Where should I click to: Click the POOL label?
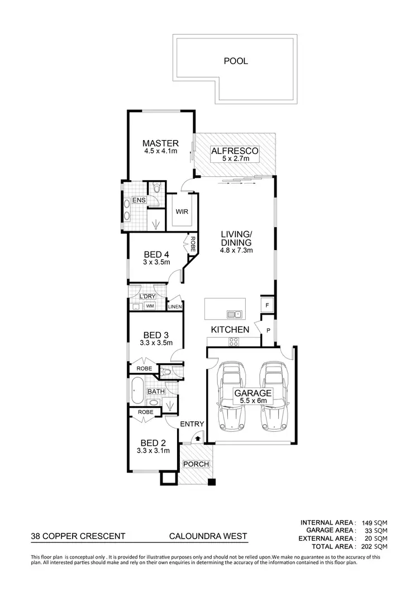[x=235, y=61]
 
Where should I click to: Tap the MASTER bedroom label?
[x=160, y=143]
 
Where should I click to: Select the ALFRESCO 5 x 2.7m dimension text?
[x=234, y=160]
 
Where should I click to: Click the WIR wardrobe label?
[x=182, y=212]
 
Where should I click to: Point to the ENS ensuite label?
[x=139, y=200]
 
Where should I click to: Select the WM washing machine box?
[x=150, y=306]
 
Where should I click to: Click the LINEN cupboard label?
[x=175, y=306]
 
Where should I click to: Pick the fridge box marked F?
[x=268, y=305]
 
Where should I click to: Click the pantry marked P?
[x=268, y=330]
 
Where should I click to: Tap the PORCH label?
[x=196, y=464]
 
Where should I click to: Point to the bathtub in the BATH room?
[x=136, y=391]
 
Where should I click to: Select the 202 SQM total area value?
[x=374, y=547]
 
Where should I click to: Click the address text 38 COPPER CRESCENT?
[x=78, y=537]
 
